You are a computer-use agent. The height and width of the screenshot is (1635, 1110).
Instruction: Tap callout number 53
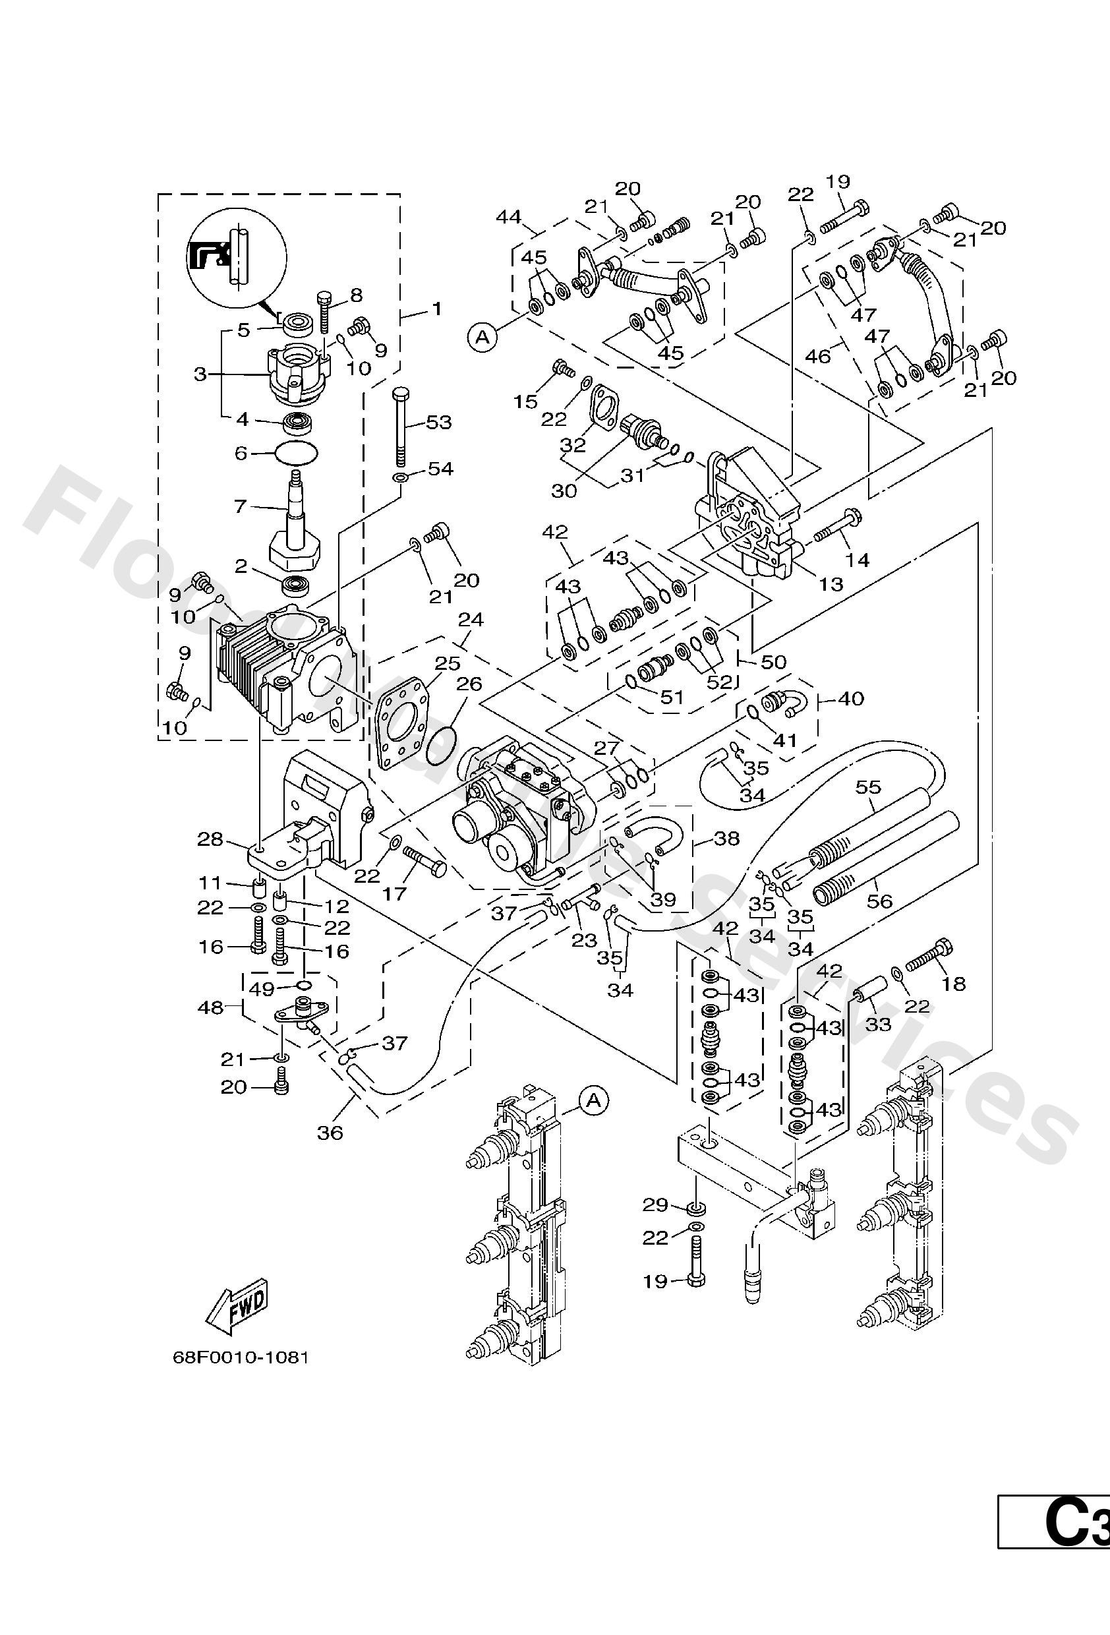click(438, 423)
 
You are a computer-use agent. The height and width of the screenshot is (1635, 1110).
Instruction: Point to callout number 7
click(241, 506)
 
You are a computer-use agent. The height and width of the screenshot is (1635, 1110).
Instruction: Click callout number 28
click(210, 839)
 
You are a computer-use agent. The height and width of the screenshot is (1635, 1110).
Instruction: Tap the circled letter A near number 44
click(482, 337)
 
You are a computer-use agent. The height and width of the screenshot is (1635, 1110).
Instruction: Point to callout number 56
click(880, 901)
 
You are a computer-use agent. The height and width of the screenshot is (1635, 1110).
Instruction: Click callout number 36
click(330, 1133)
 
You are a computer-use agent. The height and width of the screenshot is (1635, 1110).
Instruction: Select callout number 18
click(954, 984)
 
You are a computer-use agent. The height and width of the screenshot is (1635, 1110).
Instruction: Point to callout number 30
click(564, 490)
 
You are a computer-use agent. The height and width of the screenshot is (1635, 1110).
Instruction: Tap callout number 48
click(210, 1007)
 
